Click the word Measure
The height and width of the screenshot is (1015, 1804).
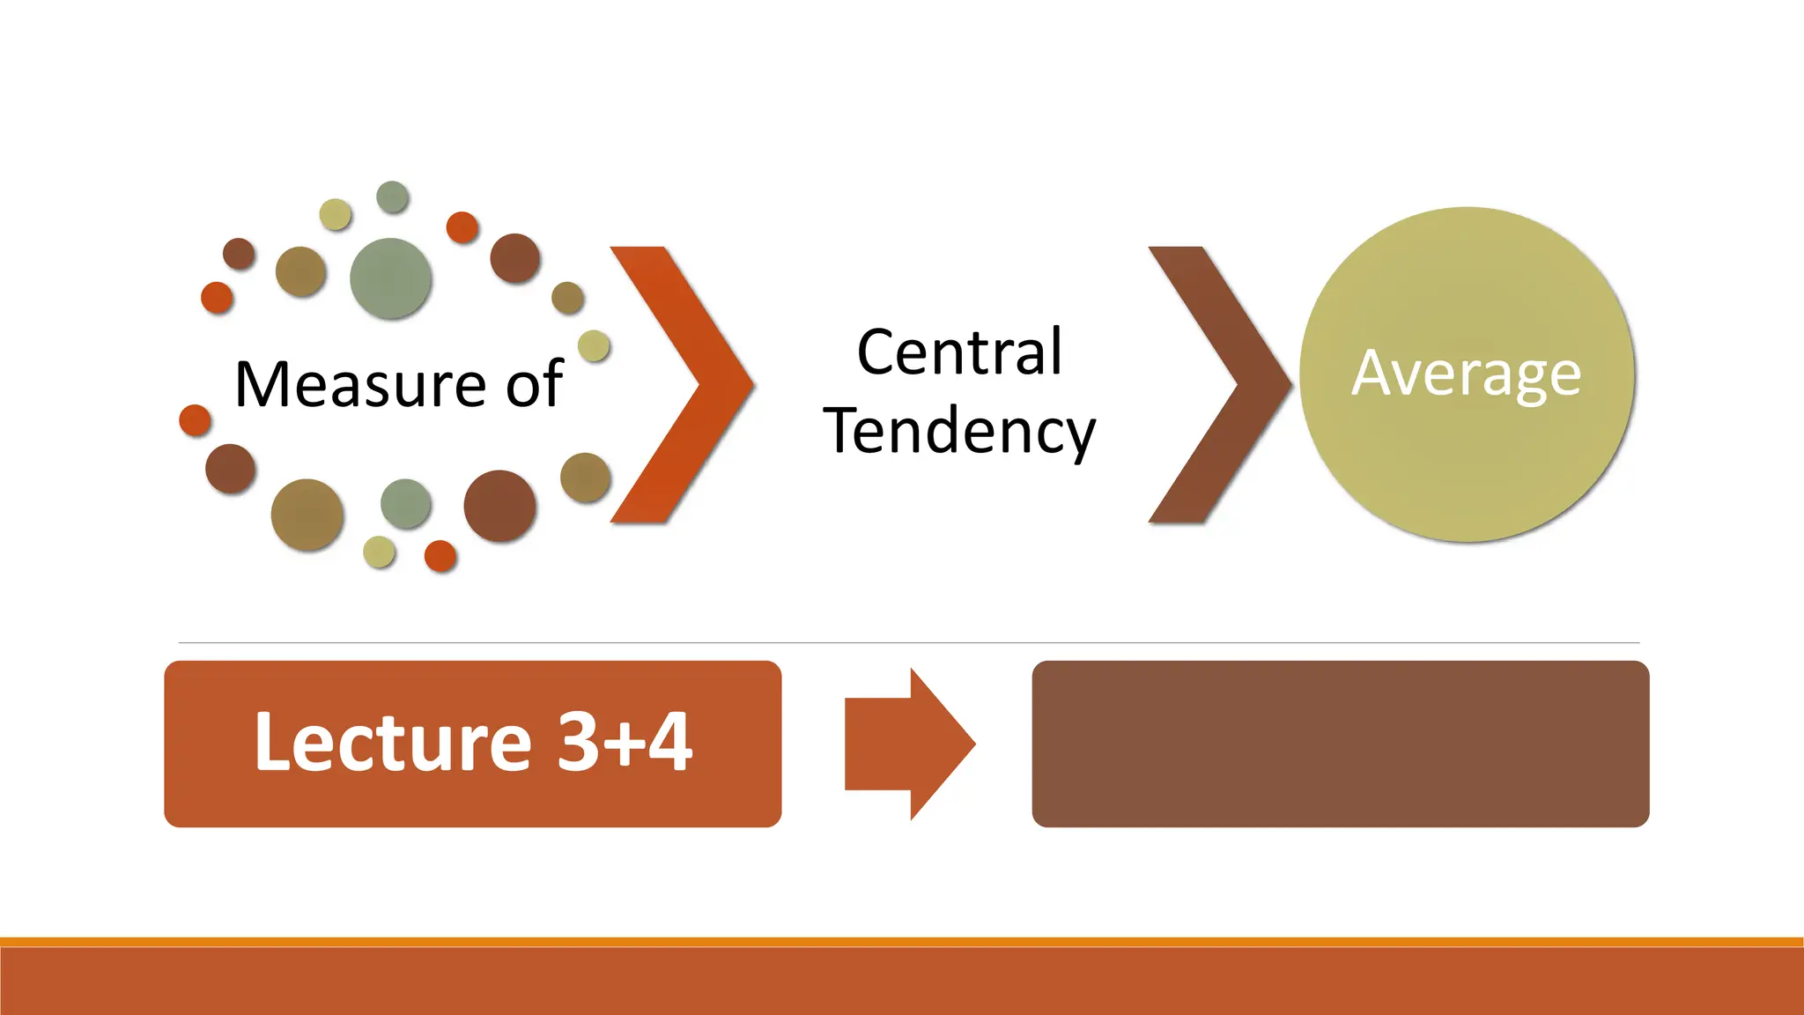pos(359,385)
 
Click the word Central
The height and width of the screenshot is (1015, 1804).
pos(959,352)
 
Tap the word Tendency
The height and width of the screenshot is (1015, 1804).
pos(959,432)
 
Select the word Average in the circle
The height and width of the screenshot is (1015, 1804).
pos(1466,374)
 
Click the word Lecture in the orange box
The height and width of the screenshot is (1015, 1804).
pos(393,743)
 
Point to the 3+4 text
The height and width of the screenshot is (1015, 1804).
pos(625,743)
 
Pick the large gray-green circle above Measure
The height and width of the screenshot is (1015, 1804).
pos(390,278)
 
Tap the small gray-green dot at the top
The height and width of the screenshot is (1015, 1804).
pos(392,196)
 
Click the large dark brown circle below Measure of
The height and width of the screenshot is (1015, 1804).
pos(499,506)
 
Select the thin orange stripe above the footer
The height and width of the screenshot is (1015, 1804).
pos(902,942)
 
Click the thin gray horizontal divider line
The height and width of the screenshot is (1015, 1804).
pos(907,643)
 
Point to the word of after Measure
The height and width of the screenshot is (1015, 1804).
pos(534,385)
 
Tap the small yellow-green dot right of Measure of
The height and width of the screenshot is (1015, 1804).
pos(594,345)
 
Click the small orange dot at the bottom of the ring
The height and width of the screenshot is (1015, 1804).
pos(440,556)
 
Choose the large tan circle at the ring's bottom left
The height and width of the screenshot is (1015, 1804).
pos(307,515)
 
